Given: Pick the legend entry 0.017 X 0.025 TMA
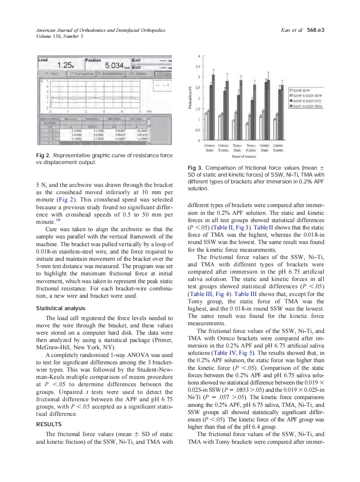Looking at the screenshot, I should click(308, 106).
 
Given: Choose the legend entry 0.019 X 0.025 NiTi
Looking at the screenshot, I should click(308, 101).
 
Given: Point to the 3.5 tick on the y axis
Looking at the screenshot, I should click(198, 67).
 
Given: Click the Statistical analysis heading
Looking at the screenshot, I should click(61, 308).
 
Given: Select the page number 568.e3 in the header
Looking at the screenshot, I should click(315, 30).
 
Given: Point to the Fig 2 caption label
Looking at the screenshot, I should click(42, 155).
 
